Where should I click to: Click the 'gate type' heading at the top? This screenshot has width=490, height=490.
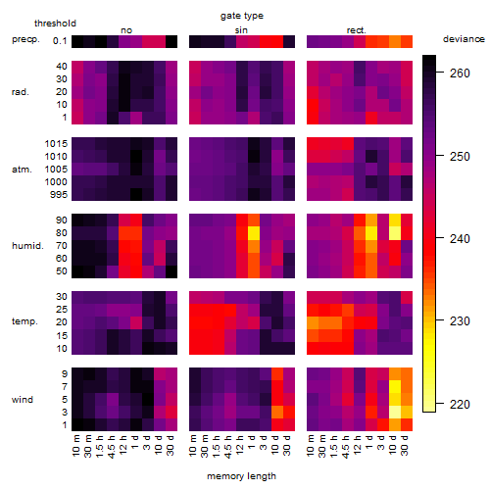(242, 16)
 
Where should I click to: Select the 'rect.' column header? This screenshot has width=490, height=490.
(357, 30)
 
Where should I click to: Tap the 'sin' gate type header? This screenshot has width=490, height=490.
(241, 30)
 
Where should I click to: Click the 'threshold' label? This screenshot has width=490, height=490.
(55, 24)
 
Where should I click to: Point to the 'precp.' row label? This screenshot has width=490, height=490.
(25, 39)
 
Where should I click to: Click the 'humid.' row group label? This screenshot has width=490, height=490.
(27, 245)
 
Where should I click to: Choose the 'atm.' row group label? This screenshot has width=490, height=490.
(22, 170)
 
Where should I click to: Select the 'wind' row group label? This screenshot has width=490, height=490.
(23, 400)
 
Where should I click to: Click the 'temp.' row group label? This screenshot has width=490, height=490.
(24, 321)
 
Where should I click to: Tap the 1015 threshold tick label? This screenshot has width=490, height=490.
(56, 144)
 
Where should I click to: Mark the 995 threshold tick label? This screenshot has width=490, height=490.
(59, 195)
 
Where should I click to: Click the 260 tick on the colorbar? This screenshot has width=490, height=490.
(460, 73)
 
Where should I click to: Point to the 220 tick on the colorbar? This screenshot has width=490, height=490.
(460, 405)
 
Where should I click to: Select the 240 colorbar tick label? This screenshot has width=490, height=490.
(460, 239)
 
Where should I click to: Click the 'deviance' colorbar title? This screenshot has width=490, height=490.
(464, 39)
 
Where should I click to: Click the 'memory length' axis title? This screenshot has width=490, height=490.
(241, 476)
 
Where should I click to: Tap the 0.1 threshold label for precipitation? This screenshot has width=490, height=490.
(60, 41)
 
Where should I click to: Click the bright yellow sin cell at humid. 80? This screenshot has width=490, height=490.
(254, 233)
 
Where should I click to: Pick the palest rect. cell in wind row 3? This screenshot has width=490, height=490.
(395, 413)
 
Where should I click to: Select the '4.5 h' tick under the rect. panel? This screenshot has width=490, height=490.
(345, 446)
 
